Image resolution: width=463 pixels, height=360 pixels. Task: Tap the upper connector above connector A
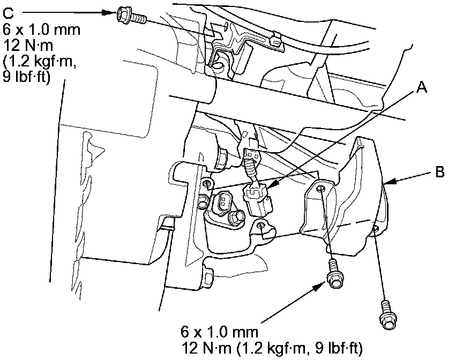coord(251,157)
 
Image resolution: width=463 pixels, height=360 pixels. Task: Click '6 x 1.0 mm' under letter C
coord(41,29)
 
